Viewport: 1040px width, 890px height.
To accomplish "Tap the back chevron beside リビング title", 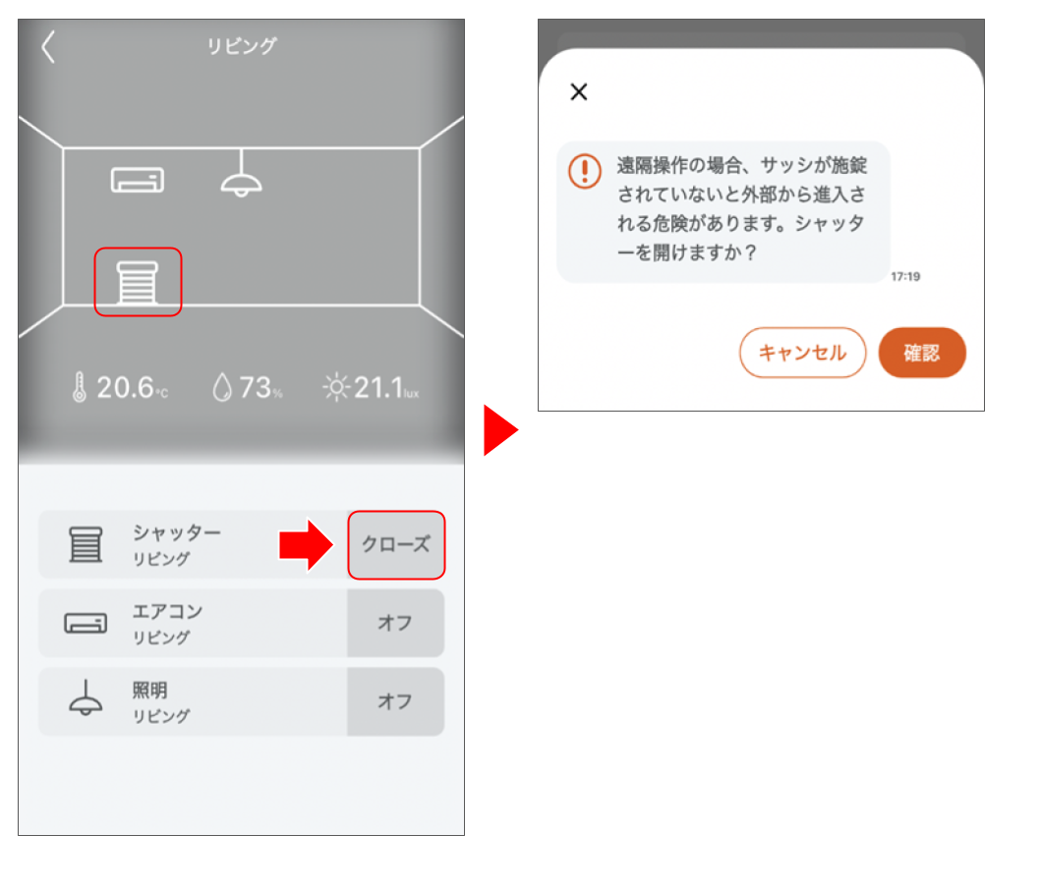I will coord(48,47).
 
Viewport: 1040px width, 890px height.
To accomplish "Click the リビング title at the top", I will coord(241,46).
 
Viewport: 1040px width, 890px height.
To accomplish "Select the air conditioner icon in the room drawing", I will coord(138,180).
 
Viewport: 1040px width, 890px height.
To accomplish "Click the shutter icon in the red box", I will coord(138,282).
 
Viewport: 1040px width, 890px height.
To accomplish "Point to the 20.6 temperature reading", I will coord(126,388).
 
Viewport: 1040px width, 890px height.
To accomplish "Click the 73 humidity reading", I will coord(256,388).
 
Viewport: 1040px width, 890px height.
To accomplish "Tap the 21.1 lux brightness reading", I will coord(379,388).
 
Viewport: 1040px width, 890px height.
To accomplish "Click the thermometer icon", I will coord(79,388).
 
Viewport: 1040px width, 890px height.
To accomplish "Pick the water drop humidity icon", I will coord(221,388).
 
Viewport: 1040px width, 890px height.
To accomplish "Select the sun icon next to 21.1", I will coord(336,388).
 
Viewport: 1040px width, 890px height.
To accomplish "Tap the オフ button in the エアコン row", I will coord(395,623).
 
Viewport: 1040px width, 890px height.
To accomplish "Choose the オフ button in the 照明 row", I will coord(395,701).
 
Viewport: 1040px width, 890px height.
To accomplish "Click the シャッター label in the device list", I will coord(177,532).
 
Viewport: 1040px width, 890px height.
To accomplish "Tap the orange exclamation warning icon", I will coord(584,172).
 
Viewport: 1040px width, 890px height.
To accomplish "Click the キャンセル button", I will coord(802,353).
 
